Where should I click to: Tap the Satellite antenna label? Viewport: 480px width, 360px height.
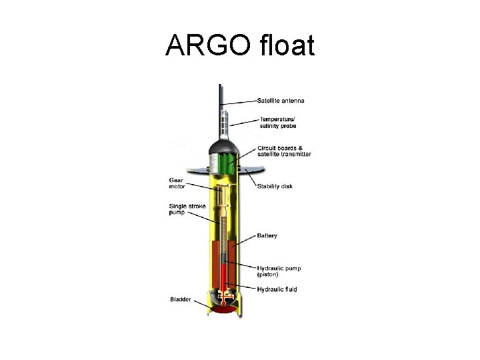pos(281,101)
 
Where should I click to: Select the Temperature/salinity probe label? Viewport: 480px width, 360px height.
pos(279,123)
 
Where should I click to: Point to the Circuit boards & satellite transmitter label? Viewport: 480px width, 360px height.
pos(284,151)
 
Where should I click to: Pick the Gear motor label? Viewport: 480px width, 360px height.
pos(177,183)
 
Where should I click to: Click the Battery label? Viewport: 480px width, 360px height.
pos(267,236)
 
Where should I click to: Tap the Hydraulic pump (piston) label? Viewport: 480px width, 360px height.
pos(278,271)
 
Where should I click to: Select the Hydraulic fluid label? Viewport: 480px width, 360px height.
pos(277,289)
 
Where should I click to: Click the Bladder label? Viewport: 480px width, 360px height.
pos(179,299)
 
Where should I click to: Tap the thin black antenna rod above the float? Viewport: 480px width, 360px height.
pos(220,100)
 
